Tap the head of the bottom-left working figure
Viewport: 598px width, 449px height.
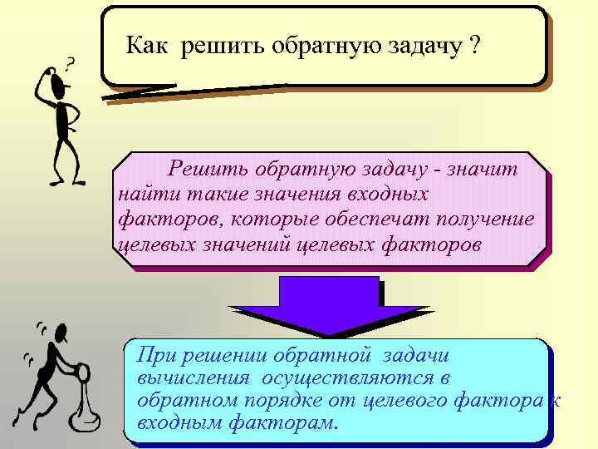point(60,333)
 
